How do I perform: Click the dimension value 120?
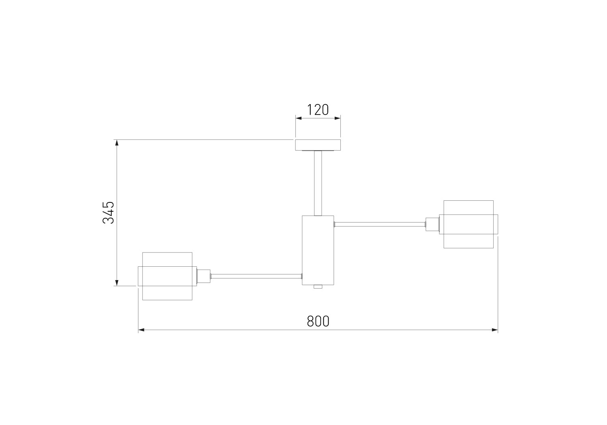tap(318, 110)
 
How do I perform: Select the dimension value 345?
tap(108, 212)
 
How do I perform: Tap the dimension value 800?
tap(318, 321)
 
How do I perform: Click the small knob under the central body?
tap(318, 287)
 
